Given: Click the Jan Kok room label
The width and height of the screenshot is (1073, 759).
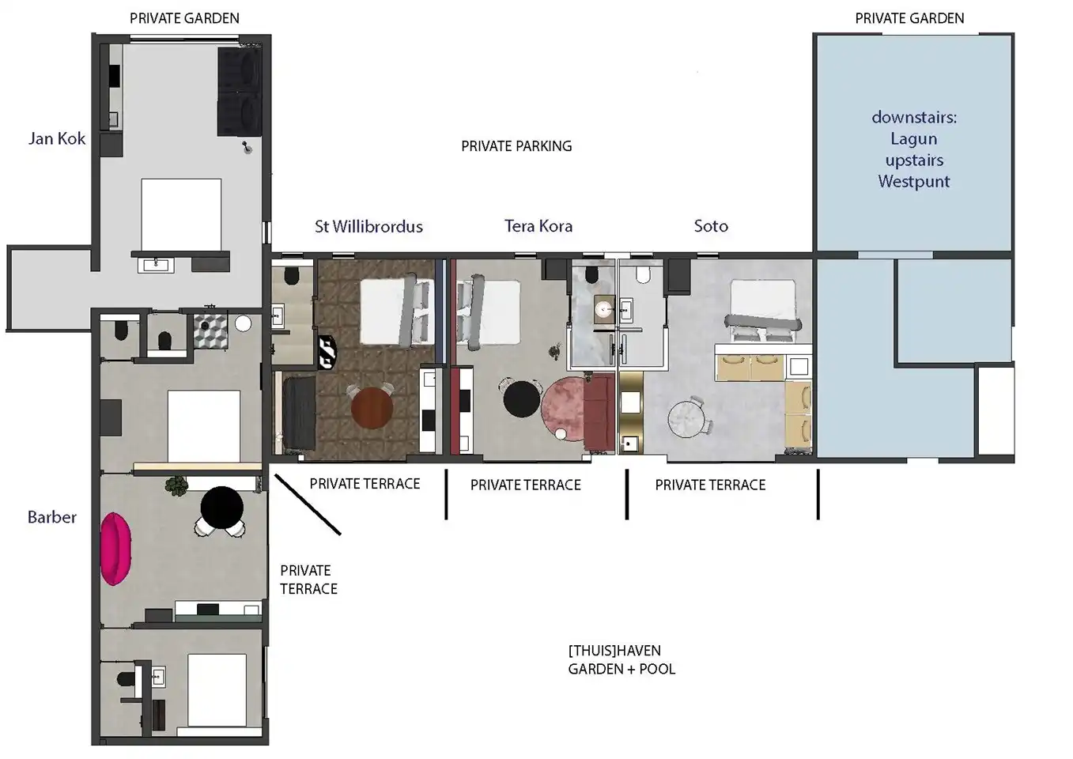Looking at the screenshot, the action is click(x=56, y=138).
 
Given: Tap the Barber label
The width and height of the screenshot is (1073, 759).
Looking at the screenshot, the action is click(x=51, y=517).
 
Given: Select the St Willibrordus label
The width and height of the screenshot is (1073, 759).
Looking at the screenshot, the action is click(x=368, y=226).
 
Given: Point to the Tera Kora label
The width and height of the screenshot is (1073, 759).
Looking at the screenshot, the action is click(x=538, y=226).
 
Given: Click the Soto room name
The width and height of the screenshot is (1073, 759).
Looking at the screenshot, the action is click(x=711, y=226).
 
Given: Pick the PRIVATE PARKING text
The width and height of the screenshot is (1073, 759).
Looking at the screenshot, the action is click(x=516, y=146).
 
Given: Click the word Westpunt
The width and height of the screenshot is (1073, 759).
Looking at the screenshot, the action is click(x=914, y=182).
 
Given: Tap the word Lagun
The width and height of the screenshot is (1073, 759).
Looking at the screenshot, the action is click(x=914, y=139).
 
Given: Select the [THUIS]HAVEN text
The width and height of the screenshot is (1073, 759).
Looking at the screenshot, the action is click(x=614, y=651).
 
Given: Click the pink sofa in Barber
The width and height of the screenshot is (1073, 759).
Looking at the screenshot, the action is click(x=115, y=549).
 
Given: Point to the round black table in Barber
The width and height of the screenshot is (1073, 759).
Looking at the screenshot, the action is click(x=221, y=508).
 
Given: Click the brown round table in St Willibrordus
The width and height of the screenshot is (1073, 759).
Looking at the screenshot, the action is click(x=372, y=409).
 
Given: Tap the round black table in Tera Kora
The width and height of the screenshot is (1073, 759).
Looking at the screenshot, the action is click(x=522, y=399).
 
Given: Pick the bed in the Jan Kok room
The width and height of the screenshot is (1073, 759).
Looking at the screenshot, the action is click(x=181, y=215).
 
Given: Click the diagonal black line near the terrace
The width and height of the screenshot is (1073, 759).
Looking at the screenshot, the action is click(x=308, y=504).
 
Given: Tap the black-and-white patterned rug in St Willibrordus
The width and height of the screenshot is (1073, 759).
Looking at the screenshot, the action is click(x=327, y=353).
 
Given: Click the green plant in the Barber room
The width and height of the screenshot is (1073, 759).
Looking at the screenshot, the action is click(x=176, y=486).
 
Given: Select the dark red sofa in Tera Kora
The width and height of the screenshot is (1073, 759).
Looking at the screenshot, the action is click(x=599, y=412).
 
